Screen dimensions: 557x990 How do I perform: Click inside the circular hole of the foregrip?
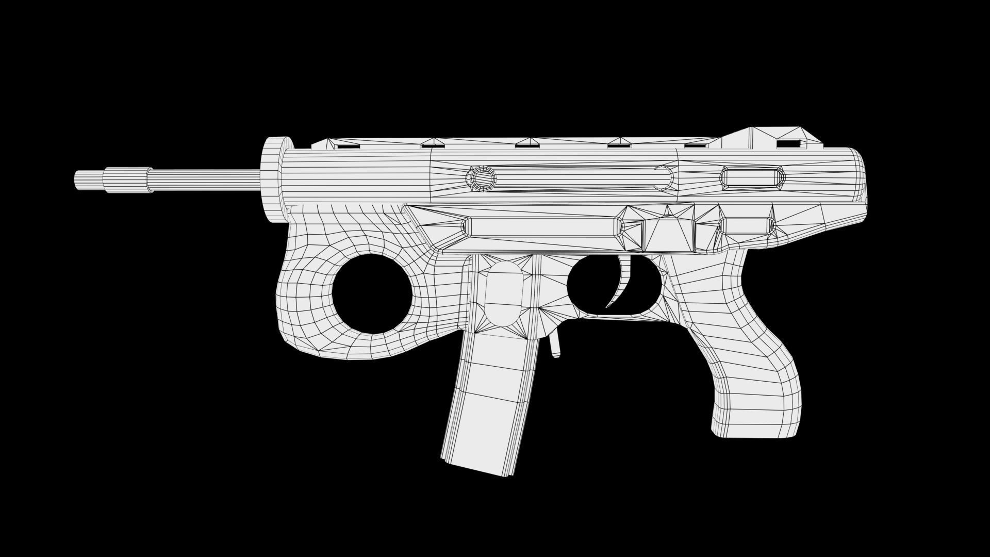(372, 293)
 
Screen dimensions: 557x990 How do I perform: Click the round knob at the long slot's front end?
(481, 178)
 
